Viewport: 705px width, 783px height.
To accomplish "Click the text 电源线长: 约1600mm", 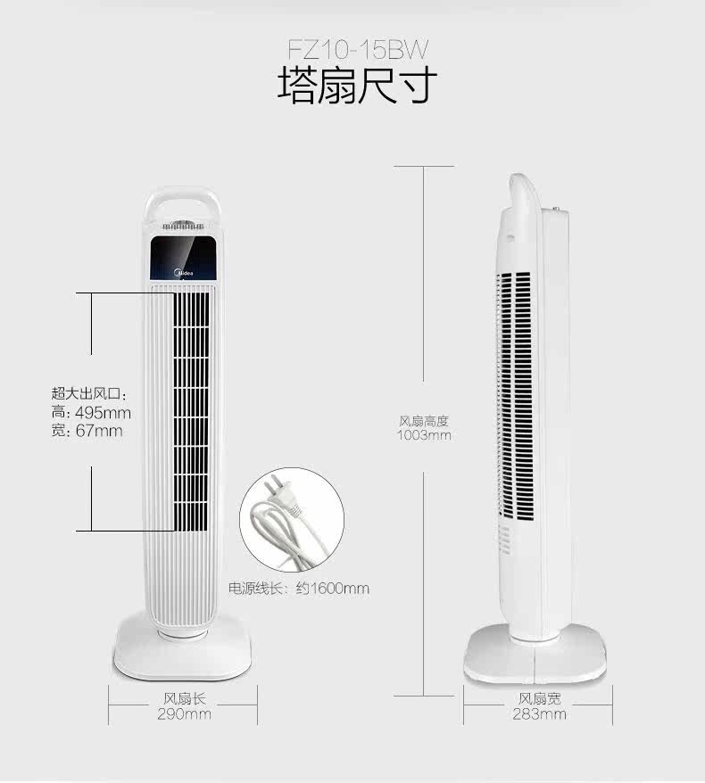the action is tap(299, 589).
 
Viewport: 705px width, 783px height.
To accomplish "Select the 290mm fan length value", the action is tap(184, 714).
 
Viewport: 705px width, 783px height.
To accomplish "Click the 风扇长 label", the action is tap(184, 700).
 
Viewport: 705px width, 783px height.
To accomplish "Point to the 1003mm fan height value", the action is tap(424, 436).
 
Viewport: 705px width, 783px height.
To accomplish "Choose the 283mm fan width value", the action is tap(539, 714).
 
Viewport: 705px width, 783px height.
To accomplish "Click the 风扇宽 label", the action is tap(539, 700).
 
